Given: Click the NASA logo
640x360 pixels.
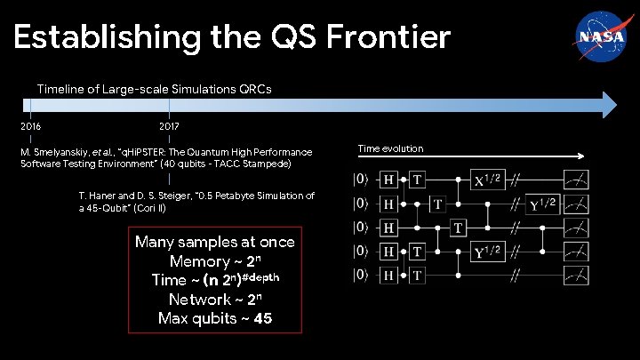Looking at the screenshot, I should [593, 36].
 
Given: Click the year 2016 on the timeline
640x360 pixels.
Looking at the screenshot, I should [31, 126].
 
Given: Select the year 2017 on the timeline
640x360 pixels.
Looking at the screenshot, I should [169, 126].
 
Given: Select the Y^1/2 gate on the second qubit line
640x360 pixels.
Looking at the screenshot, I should [545, 204].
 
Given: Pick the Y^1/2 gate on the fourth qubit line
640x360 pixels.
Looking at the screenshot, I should [486, 252].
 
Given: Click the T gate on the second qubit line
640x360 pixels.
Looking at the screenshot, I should [437, 204].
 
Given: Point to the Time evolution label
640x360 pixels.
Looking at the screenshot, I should [390, 148].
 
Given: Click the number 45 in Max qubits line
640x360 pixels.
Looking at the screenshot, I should [262, 318].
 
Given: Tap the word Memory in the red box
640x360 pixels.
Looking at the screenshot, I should [198, 261].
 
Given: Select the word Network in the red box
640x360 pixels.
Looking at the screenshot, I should [199, 299].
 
